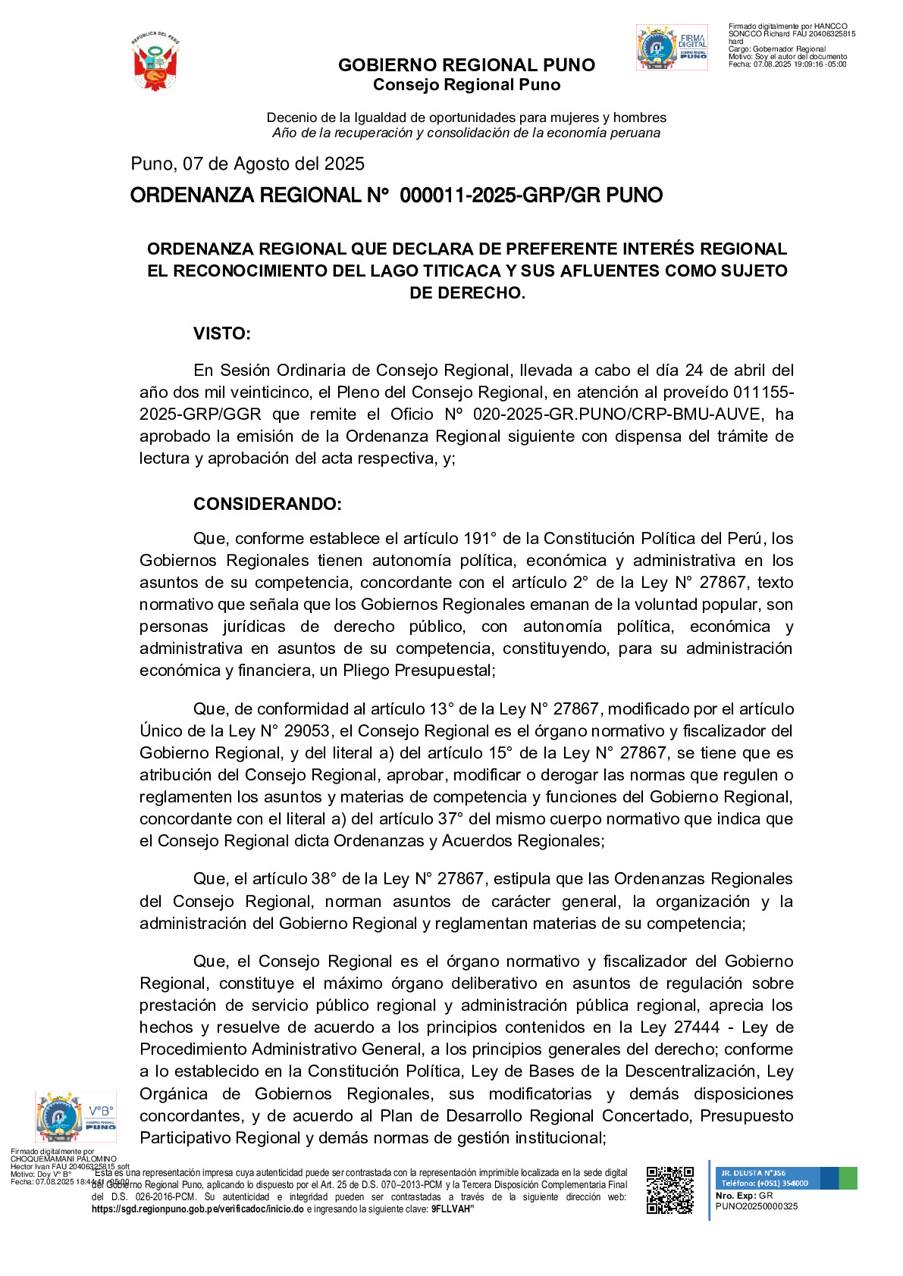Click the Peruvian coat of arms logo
[x=155, y=62]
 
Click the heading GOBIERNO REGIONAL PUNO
[x=466, y=65]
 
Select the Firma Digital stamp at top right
[x=672, y=48]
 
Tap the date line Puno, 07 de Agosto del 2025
[x=247, y=164]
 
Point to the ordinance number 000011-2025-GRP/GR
[x=503, y=195]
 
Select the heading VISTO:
[x=221, y=334]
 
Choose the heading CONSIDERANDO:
[x=267, y=505]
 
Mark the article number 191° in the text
[x=480, y=539]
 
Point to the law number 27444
[x=697, y=1027]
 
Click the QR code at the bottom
[x=669, y=1190]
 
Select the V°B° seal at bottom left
[x=76, y=1117]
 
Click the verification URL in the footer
[x=197, y=1209]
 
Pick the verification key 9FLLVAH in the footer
[x=452, y=1209]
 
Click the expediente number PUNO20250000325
[x=756, y=1206]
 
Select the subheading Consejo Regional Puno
[x=466, y=85]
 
